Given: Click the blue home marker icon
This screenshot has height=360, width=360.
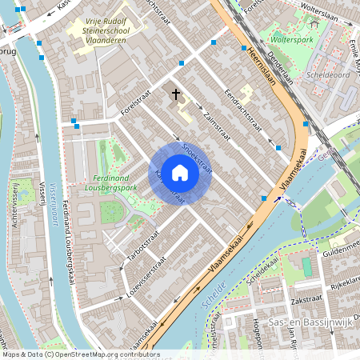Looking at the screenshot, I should pos(180,173).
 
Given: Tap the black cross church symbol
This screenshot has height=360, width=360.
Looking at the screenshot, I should pos(175,94).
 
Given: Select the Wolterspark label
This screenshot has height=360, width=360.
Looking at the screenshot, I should pos(290,38).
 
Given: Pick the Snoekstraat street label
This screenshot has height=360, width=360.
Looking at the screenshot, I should pos(196,157).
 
